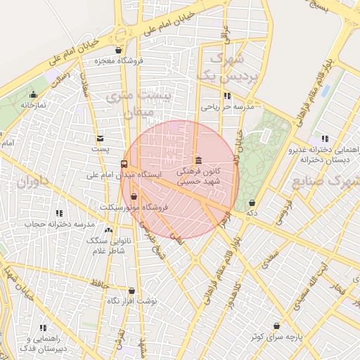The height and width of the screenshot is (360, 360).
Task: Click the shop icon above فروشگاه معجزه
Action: (x=117, y=51)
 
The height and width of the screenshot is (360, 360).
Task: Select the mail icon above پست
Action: (x=101, y=139)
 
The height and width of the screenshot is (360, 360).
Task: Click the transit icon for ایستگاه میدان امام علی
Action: (x=124, y=165)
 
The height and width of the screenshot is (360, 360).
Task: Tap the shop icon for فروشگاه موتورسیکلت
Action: (x=134, y=196)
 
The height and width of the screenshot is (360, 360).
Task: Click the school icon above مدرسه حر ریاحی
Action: (x=227, y=96)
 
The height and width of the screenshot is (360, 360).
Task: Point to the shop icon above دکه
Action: (x=252, y=202)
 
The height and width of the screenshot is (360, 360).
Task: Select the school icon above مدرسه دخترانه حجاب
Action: (x=59, y=212)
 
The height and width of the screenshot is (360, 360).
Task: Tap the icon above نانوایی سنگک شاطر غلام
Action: (x=108, y=229)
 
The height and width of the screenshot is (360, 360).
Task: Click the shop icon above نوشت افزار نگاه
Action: (x=131, y=290)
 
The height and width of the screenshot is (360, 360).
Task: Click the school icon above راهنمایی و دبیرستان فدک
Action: (x=43, y=328)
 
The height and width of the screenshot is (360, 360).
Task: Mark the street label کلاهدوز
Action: (x=237, y=295)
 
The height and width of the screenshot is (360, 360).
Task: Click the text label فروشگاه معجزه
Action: (x=117, y=60)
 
